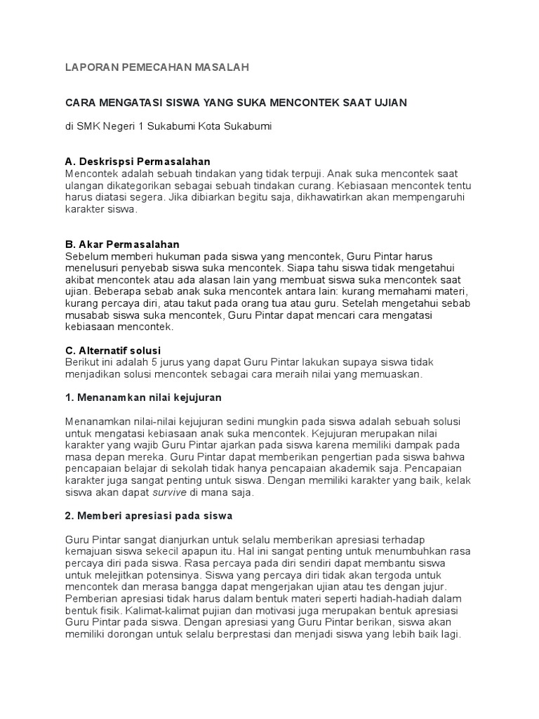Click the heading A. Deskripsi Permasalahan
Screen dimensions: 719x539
(x=138, y=161)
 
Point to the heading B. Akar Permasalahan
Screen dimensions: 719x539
(x=123, y=244)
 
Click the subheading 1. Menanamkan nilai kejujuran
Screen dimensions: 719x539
(x=143, y=397)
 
